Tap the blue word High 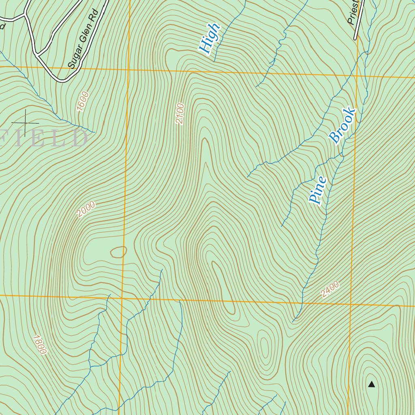point(210,39)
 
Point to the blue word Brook point(342,126)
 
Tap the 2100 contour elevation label point(180,114)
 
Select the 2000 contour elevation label point(86,209)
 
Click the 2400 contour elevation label point(329,290)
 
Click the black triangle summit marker point(371,384)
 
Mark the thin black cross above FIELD point(25,122)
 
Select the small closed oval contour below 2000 point(118,252)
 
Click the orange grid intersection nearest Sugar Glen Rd point(129,70)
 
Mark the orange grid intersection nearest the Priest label point(357,75)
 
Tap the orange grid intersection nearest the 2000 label point(123,298)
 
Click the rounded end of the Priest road point(355,39)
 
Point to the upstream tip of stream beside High point(214,61)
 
